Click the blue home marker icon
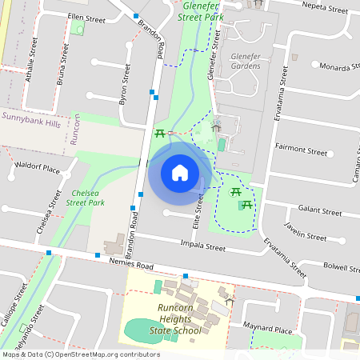179,173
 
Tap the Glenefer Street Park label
200,9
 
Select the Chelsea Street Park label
86,198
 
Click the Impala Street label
204,246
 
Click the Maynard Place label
270,329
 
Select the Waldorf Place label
38,169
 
